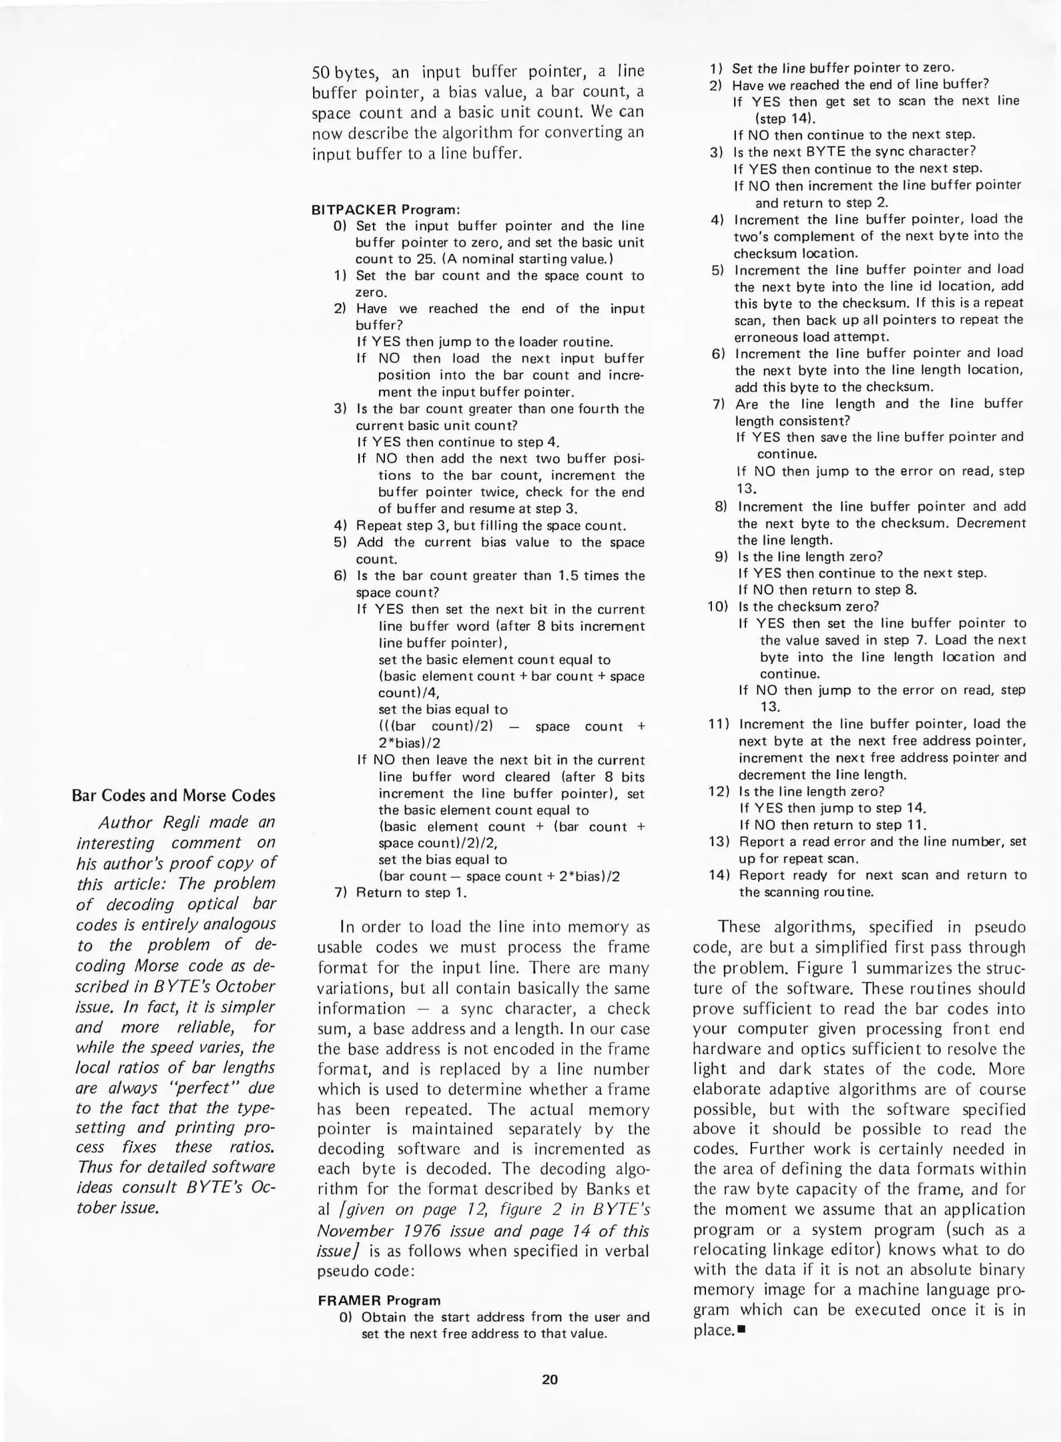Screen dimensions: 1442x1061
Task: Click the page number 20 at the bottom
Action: [x=549, y=1379]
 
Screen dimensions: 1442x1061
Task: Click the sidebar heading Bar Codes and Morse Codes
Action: [x=173, y=795]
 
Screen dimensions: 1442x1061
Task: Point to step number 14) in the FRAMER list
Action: [x=722, y=875]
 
